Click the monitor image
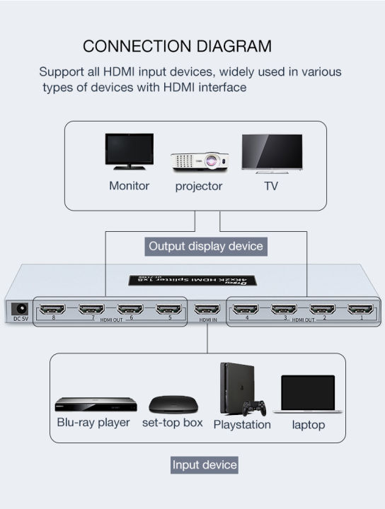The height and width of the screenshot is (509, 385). pos(129,151)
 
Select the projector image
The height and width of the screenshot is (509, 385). pos(200,160)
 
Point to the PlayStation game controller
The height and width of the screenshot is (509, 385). pos(254,408)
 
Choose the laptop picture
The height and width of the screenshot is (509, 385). pos(308,394)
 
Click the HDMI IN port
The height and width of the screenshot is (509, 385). pos(207,309)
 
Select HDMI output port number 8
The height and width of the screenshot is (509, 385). pos(52,309)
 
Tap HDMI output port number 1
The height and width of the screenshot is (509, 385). pos(361,309)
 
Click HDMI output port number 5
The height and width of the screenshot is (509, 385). pos(168,309)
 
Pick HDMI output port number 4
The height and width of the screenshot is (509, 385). pos(246,309)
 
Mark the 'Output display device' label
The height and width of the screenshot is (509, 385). pos(205,247)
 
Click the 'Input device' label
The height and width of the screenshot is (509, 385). pos(205,465)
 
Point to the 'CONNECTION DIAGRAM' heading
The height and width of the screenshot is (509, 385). pos(177,47)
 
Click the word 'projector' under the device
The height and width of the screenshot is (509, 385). pos(199,187)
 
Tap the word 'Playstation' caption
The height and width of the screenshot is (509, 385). pos(242,425)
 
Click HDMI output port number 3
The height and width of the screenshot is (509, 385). pos(284,309)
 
